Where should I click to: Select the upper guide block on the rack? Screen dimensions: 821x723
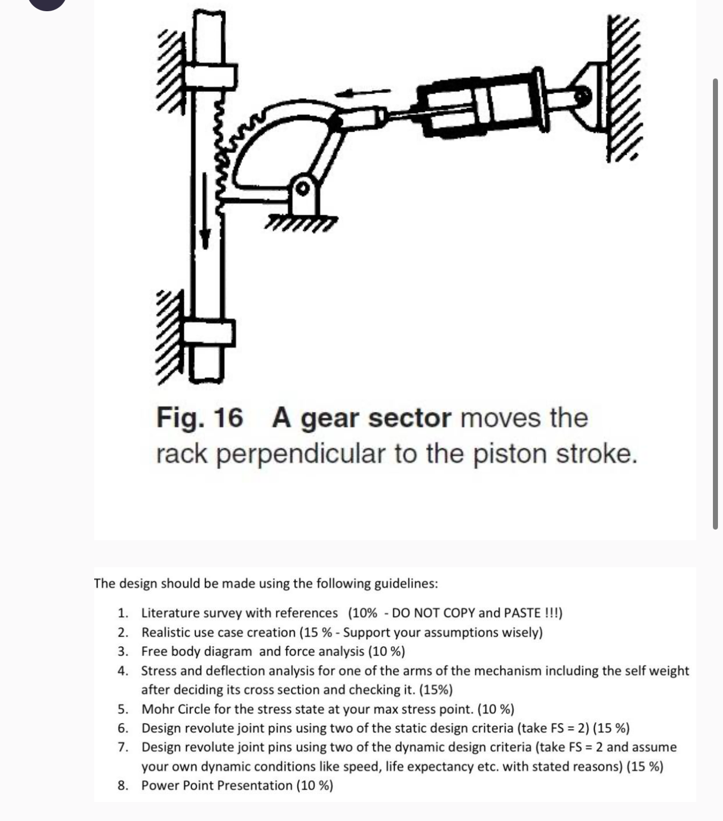click(x=210, y=76)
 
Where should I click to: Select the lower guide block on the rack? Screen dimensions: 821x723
click(x=208, y=333)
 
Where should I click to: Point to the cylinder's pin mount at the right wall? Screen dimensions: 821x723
click(x=583, y=95)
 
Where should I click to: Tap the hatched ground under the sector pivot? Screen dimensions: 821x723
click(x=303, y=223)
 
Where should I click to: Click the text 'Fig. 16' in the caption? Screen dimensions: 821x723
click(x=200, y=418)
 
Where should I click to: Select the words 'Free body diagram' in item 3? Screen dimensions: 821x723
click(x=197, y=651)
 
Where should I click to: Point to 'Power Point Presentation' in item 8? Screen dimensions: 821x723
click(x=216, y=785)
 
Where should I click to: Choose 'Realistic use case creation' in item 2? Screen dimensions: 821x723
click(x=219, y=632)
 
